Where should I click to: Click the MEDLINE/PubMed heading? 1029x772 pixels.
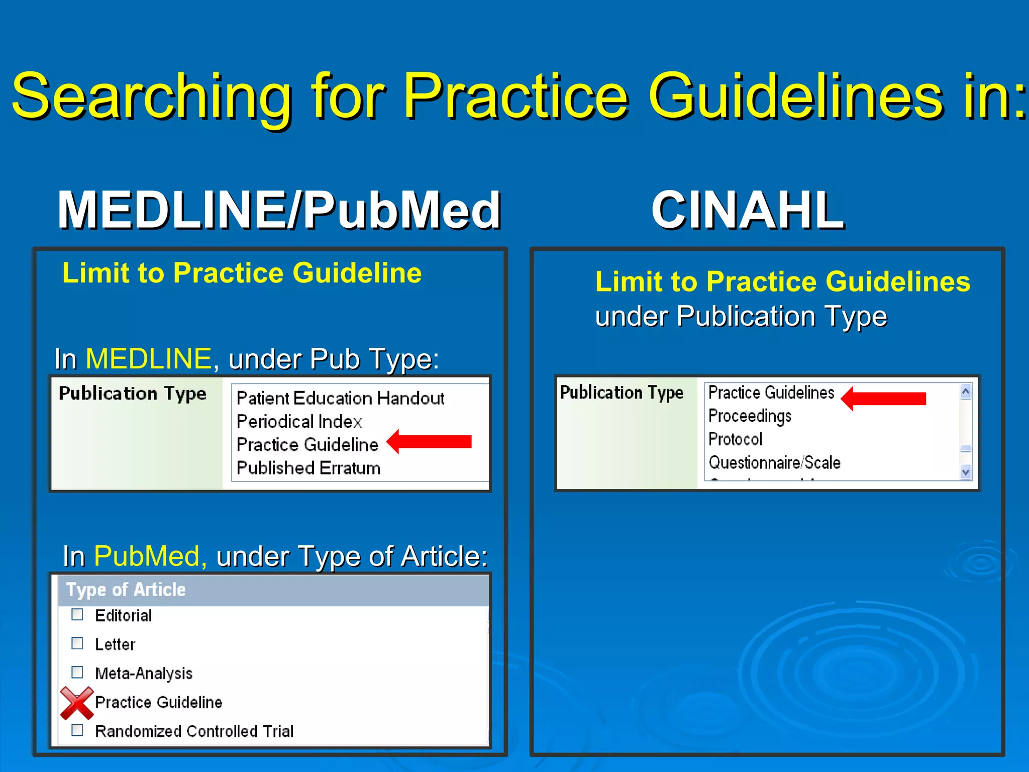coord(279,210)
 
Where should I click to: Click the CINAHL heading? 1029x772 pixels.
coord(748,210)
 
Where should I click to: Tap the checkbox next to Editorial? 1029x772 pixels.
coord(77,615)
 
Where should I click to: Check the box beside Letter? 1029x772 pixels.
coord(77,643)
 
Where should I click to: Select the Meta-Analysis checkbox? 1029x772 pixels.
coord(77,672)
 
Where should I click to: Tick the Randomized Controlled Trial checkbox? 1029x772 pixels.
coord(77,730)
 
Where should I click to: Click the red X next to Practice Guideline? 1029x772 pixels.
coord(76,703)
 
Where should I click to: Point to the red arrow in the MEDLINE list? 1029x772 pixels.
coord(430,442)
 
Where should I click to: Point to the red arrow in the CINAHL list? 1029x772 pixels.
coord(883,399)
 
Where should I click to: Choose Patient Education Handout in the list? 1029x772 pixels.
coord(340,399)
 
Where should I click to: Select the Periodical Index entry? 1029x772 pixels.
coord(299,422)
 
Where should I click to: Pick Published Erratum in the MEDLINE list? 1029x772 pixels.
coord(308,468)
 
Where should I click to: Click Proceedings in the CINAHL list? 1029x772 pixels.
coord(750,416)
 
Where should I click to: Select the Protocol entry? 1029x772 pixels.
coord(735,439)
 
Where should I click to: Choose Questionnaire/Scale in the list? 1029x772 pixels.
coord(774,462)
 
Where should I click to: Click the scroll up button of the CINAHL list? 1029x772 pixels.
coord(965,392)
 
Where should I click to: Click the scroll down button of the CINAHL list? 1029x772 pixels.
coord(965,472)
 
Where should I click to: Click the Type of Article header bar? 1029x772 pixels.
coord(273,590)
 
